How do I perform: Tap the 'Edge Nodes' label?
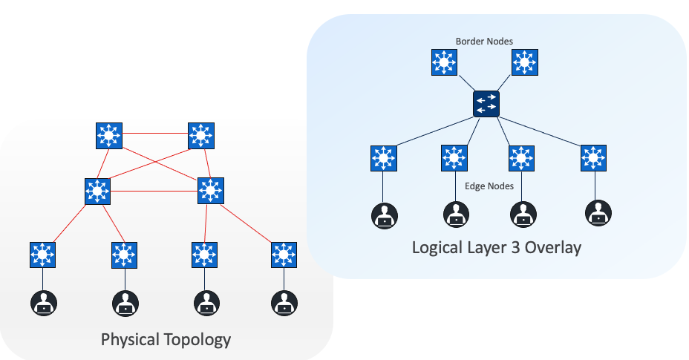pyautogui.click(x=489, y=186)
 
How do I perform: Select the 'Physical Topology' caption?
pyautogui.click(x=166, y=340)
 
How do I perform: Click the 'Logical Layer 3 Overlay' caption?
pyautogui.click(x=496, y=247)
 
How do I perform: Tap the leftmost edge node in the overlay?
pyautogui.click(x=383, y=158)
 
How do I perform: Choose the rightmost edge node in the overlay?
pyautogui.click(x=593, y=158)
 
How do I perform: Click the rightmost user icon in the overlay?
pyautogui.click(x=598, y=214)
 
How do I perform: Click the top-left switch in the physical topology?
pyautogui.click(x=109, y=135)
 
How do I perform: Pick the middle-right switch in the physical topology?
pyautogui.click(x=211, y=192)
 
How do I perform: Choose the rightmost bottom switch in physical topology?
pyautogui.click(x=283, y=255)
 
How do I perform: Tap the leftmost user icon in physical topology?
pyautogui.click(x=44, y=302)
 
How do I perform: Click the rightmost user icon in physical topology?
pyautogui.click(x=283, y=302)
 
